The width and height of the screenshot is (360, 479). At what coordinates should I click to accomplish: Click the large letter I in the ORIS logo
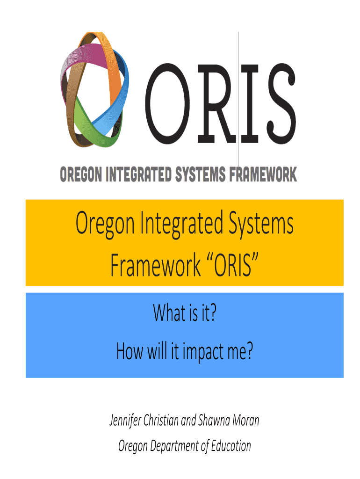pyautogui.click(x=250, y=103)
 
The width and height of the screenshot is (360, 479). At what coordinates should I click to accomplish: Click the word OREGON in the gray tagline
pyautogui.click(x=81, y=174)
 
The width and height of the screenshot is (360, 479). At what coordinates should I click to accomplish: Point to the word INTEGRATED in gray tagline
pyautogui.click(x=139, y=174)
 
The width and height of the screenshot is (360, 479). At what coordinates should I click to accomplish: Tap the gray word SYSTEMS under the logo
pyautogui.click(x=200, y=174)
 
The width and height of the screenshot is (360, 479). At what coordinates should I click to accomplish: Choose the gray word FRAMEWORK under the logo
pyautogui.click(x=263, y=174)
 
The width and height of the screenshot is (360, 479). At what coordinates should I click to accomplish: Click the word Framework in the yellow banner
pyautogui.click(x=155, y=265)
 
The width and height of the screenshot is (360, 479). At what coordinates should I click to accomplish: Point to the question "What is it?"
pyautogui.click(x=185, y=312)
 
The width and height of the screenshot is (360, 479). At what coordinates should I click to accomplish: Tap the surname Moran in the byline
pyautogui.click(x=246, y=420)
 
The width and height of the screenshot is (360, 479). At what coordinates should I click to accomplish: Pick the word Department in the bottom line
pyautogui.click(x=175, y=446)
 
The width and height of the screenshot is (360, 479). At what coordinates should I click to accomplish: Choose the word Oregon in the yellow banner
pyautogui.click(x=105, y=224)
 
